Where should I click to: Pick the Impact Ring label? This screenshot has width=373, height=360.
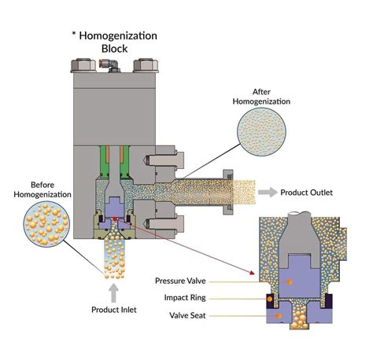pyautogui.click(x=188, y=297)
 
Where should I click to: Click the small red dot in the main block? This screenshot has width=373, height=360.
pyautogui.click(x=116, y=219)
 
